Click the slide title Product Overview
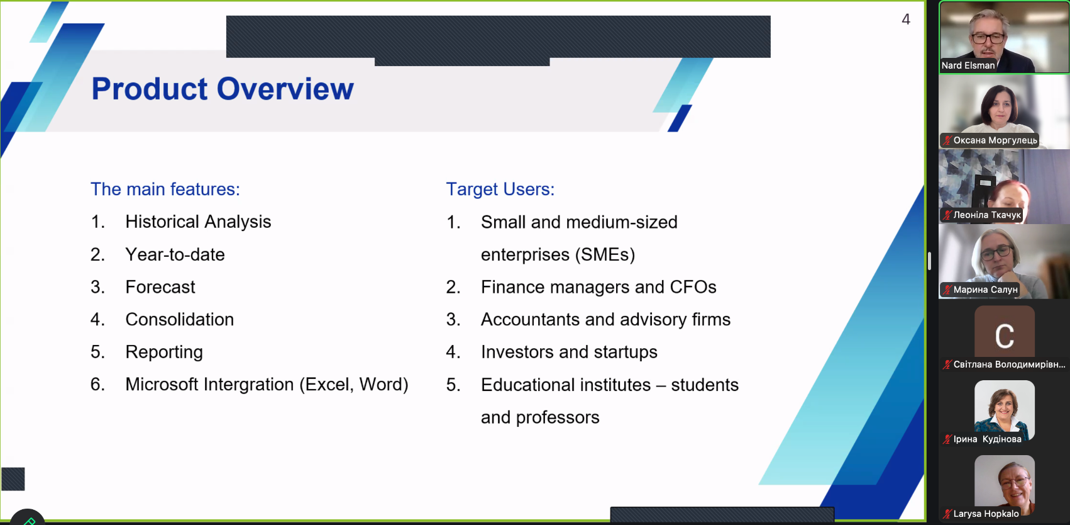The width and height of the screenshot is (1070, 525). click(x=223, y=89)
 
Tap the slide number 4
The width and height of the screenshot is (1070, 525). click(x=906, y=19)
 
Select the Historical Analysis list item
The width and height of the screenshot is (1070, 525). click(x=198, y=222)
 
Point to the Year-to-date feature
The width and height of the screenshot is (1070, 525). click(x=175, y=254)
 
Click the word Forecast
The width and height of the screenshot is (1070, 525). click(x=160, y=287)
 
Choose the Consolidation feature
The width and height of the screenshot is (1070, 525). click(x=180, y=319)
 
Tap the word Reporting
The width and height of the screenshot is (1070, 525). click(x=164, y=353)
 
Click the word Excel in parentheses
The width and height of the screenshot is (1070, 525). click(x=329, y=385)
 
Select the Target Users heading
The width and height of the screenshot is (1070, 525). click(x=500, y=189)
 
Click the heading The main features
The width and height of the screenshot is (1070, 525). click(x=165, y=189)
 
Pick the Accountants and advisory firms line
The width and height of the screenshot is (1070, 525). click(x=605, y=319)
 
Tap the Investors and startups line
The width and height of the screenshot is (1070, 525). click(x=569, y=353)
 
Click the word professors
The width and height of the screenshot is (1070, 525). click(x=558, y=417)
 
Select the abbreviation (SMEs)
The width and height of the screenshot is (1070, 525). click(x=605, y=254)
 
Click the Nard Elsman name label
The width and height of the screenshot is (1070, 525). click(x=968, y=65)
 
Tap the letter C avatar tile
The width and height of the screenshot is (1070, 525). click(x=1005, y=332)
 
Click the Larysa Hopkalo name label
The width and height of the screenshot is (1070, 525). click(x=986, y=514)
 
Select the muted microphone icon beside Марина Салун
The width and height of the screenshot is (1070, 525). click(x=947, y=290)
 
